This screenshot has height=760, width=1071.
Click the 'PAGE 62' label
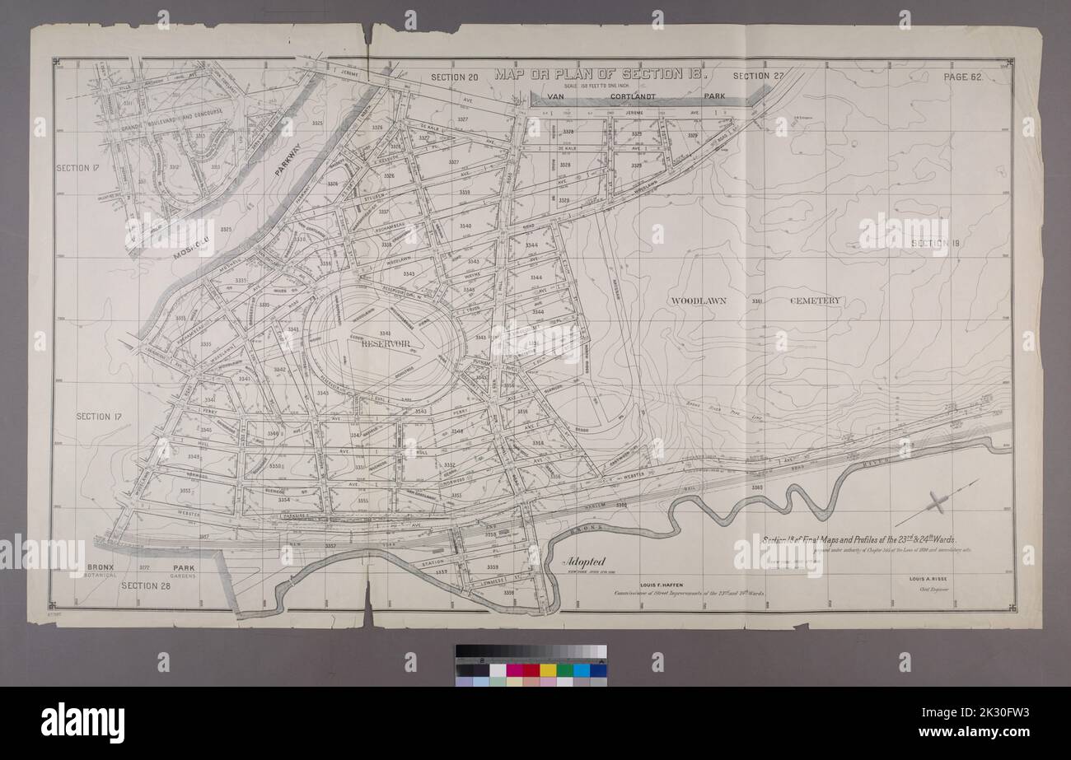click(x=964, y=77)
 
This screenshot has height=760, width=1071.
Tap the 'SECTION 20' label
click(x=454, y=77)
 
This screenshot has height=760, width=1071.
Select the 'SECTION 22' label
click(x=757, y=77)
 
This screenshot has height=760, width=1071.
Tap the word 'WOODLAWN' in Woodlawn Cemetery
click(x=697, y=301)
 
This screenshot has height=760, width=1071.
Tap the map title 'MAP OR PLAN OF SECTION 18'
click(x=600, y=73)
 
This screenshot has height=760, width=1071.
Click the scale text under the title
click(x=599, y=86)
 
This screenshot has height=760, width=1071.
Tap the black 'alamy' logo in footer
click(x=82, y=722)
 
